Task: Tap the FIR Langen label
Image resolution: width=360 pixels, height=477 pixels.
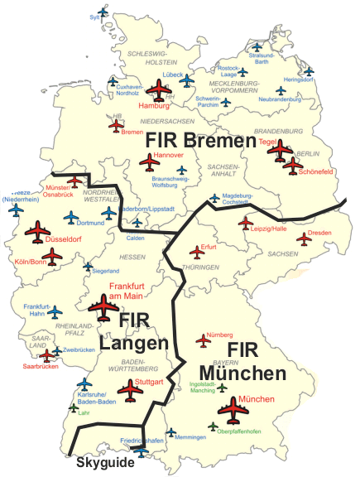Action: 135,330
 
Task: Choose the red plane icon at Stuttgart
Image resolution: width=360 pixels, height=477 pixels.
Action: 130,389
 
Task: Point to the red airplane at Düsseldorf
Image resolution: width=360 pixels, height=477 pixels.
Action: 37,233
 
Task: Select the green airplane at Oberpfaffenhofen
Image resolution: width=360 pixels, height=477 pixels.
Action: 214,426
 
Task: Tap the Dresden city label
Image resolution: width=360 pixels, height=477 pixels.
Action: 319,234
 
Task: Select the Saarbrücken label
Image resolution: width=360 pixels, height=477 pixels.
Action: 41,366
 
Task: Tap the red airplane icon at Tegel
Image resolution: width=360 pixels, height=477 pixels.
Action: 279,150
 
